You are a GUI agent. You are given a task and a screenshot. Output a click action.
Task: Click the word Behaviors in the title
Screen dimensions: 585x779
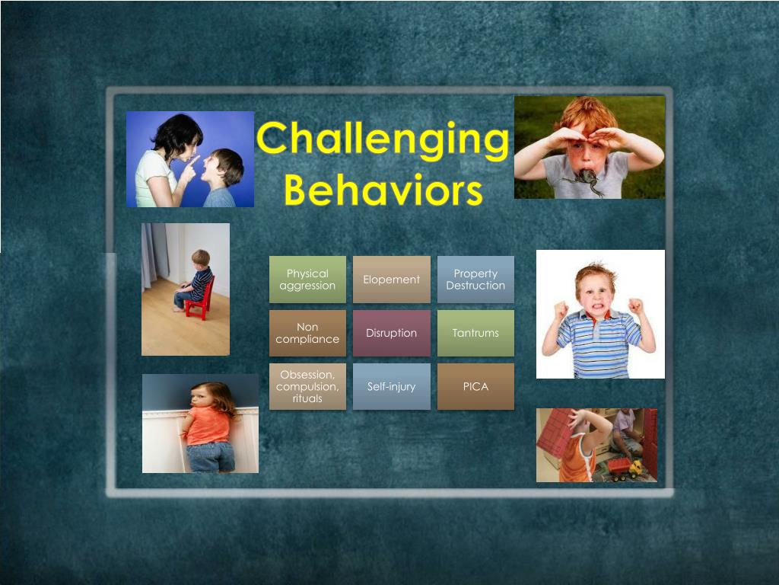(x=383, y=190)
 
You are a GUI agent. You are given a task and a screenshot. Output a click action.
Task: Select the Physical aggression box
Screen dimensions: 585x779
(x=307, y=280)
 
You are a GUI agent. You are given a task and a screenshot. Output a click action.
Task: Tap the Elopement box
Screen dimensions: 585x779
(x=391, y=280)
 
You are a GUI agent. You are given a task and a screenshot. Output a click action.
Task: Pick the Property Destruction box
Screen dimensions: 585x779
(x=475, y=280)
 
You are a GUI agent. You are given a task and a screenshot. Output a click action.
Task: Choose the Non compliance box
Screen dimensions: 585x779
(x=307, y=333)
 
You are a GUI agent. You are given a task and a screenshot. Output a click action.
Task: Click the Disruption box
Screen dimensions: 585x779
(x=391, y=333)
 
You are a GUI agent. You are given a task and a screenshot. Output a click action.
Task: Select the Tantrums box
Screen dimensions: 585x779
(x=475, y=333)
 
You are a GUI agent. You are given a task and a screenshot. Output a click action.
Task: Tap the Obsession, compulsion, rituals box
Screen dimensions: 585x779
(x=307, y=386)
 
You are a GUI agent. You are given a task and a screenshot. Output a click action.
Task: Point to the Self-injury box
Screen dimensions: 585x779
(x=391, y=386)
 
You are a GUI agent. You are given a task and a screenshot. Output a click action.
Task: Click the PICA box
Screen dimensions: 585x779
(x=475, y=386)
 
